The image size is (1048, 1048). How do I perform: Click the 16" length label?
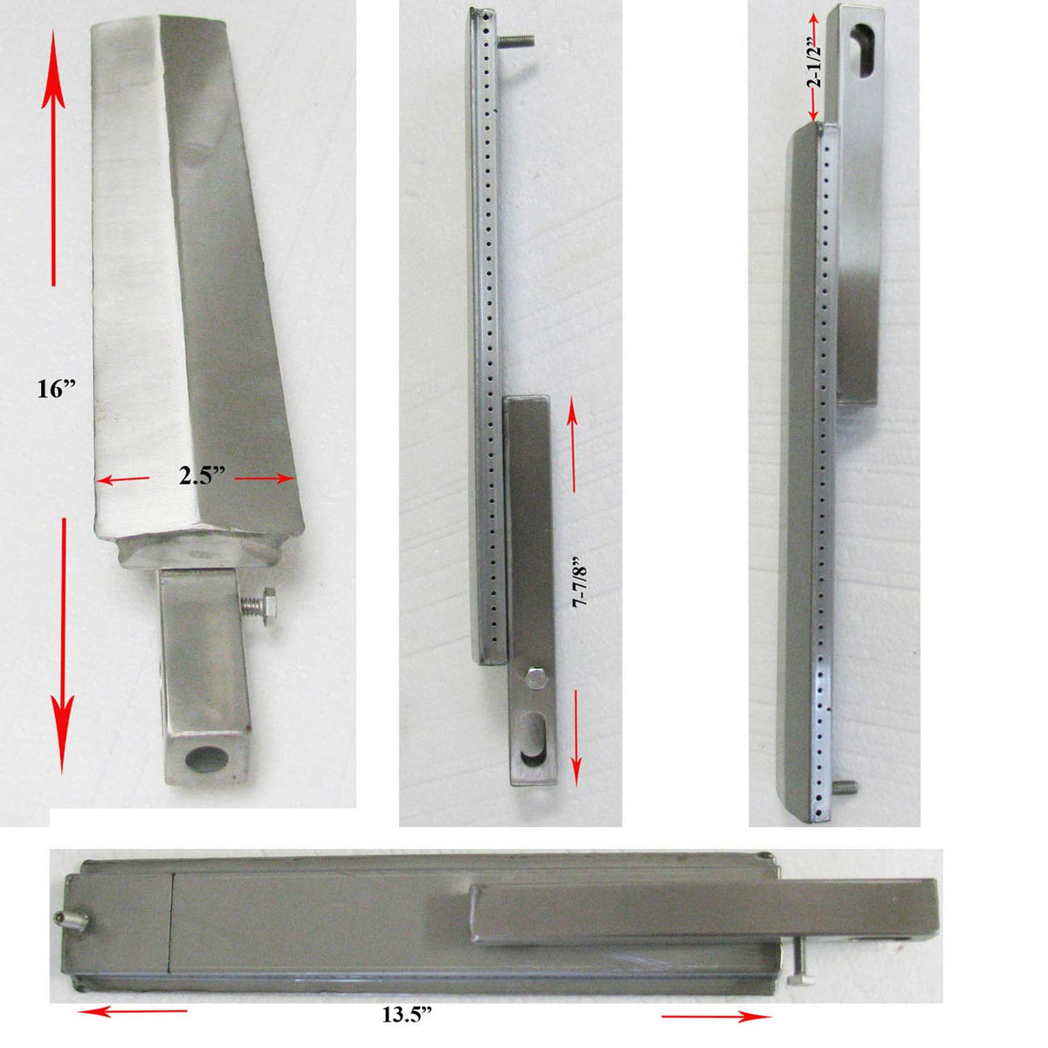(x=52, y=390)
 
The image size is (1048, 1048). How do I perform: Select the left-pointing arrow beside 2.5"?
(x=121, y=479)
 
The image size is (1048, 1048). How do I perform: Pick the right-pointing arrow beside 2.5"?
(x=263, y=479)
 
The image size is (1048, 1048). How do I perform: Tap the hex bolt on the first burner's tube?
(x=266, y=603)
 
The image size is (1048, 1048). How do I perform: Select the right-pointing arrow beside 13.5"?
(x=716, y=1016)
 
